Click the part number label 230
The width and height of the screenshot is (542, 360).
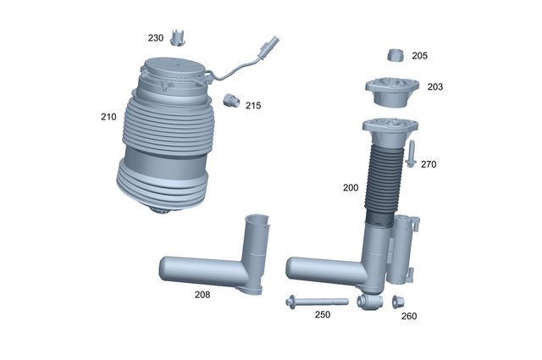156,38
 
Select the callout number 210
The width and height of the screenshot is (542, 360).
108,117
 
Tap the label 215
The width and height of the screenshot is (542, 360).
252,106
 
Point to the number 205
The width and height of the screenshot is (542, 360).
419,56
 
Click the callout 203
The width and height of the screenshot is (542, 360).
434,86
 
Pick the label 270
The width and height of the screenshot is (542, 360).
429,164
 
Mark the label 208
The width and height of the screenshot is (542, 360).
202,294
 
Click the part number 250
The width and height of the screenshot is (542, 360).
323,314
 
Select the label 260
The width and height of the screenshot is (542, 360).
408,316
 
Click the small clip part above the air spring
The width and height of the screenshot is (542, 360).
178,37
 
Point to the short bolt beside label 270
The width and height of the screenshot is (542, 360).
410,155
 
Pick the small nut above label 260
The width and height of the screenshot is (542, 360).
397,301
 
